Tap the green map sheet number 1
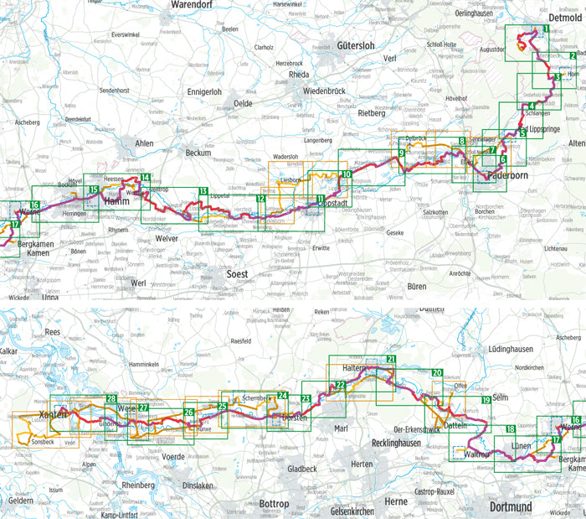[x=546, y=29]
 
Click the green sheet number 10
[x=347, y=174]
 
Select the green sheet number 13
[x=203, y=192]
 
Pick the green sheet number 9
[x=402, y=153]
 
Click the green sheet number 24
[x=282, y=396]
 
